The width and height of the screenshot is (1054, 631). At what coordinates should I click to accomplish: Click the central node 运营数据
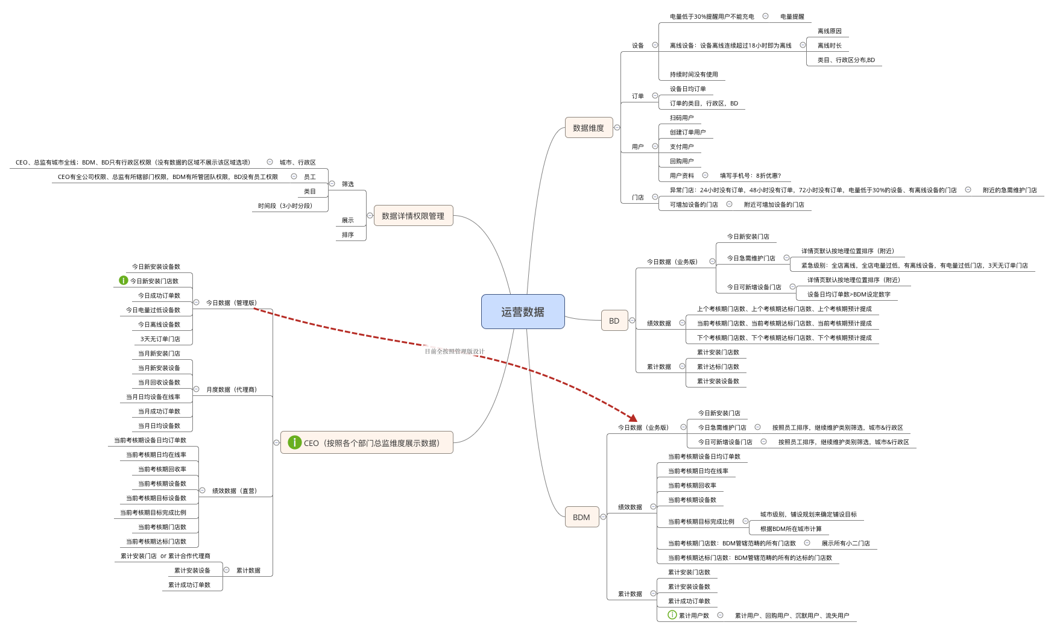522,312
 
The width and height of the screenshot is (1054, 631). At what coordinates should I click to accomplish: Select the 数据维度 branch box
589,128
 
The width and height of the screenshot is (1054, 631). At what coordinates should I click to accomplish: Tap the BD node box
614,321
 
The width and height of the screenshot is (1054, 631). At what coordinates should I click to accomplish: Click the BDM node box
581,517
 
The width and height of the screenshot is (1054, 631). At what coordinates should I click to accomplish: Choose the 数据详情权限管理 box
413,216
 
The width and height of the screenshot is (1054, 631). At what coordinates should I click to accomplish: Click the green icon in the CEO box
294,442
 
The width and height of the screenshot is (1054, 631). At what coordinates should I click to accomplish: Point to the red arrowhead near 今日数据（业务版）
633,418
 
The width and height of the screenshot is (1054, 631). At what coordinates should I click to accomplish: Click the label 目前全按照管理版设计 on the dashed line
455,351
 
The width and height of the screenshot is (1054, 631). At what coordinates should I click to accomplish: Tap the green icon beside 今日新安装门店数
124,280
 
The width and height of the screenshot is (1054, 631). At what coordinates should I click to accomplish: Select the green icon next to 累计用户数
672,615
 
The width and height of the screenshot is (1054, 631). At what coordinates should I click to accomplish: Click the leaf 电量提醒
792,17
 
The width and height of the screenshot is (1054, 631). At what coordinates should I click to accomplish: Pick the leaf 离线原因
829,31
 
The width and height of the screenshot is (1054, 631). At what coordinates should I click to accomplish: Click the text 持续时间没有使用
693,75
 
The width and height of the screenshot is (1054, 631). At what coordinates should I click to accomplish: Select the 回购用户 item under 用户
681,162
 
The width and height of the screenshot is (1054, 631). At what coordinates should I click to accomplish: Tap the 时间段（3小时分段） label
285,206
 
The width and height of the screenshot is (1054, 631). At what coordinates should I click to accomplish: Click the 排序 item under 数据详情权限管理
348,235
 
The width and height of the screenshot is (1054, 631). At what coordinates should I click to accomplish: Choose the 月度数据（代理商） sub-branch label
232,390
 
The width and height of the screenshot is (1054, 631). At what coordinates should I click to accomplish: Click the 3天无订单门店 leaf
160,339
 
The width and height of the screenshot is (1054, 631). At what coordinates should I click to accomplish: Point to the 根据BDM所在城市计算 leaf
790,529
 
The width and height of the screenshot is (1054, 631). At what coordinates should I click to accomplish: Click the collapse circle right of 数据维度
617,128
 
